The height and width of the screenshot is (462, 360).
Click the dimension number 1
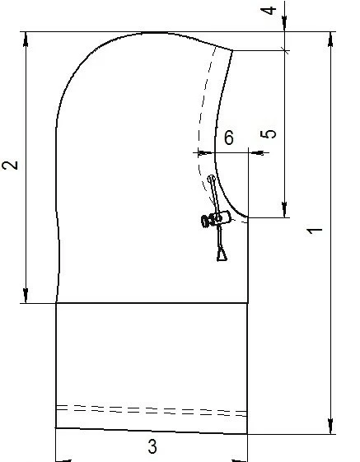[x=315, y=231]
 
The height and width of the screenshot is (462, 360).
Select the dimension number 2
[x=10, y=166]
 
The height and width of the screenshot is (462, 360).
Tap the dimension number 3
[x=152, y=446]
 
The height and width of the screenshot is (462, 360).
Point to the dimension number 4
[x=269, y=11]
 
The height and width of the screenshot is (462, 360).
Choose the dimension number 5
[x=269, y=134]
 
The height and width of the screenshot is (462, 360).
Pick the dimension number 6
[x=229, y=138]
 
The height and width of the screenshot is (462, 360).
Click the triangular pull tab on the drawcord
[x=222, y=254]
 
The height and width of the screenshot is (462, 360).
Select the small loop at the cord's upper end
[x=211, y=179]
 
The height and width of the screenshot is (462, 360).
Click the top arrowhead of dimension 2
[x=26, y=39]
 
